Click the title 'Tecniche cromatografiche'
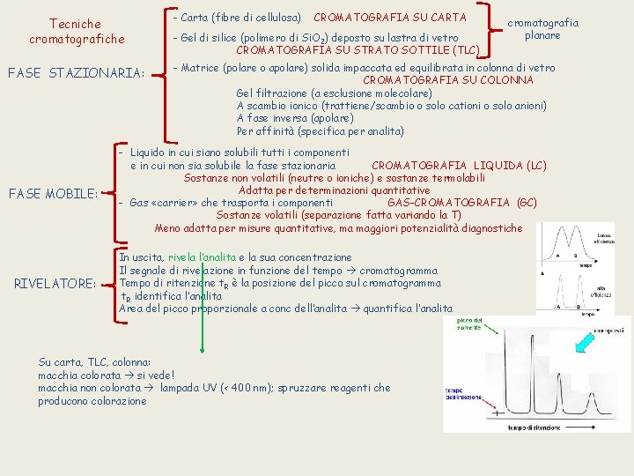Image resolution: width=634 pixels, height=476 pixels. coord(76,32)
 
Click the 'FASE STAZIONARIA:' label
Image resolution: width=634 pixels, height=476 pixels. coord(75,72)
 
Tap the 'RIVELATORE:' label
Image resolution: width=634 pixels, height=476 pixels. coord(55,284)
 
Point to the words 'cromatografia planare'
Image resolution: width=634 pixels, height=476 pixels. coord(553,29)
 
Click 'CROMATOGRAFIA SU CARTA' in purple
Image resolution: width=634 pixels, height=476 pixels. coord(390,17)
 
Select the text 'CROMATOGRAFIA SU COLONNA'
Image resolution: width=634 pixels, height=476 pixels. coord(448,80)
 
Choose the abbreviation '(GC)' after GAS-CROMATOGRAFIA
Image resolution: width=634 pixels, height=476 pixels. coord(527,203)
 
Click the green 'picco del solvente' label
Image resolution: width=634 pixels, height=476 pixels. coord(469,325)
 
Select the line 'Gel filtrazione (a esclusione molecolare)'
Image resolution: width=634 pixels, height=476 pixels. coord(334,93)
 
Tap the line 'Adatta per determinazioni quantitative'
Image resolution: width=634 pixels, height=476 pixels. coord(333,190)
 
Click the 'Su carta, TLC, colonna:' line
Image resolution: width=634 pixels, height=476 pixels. coord(95,361)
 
